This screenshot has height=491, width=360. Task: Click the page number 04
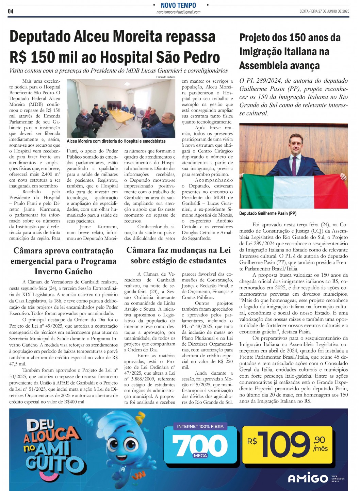(11, 11)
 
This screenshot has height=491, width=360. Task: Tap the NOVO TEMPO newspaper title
(178, 5)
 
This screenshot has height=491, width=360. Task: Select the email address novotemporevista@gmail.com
(178, 12)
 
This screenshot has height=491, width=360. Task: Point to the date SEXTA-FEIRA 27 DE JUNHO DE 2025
(324, 11)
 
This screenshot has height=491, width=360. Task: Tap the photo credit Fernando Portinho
(166, 77)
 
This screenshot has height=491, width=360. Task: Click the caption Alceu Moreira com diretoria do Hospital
(116, 141)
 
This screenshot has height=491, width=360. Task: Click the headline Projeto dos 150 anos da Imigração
(290, 51)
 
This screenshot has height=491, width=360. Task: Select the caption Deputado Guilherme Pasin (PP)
(268, 213)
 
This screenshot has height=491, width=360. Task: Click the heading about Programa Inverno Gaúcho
(63, 261)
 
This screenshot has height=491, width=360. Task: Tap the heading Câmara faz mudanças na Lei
(178, 255)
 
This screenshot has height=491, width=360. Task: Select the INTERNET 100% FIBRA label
(200, 426)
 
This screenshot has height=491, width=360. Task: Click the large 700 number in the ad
(200, 446)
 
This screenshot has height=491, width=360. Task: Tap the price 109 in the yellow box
(285, 444)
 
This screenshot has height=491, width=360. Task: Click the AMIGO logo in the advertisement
(308, 478)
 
